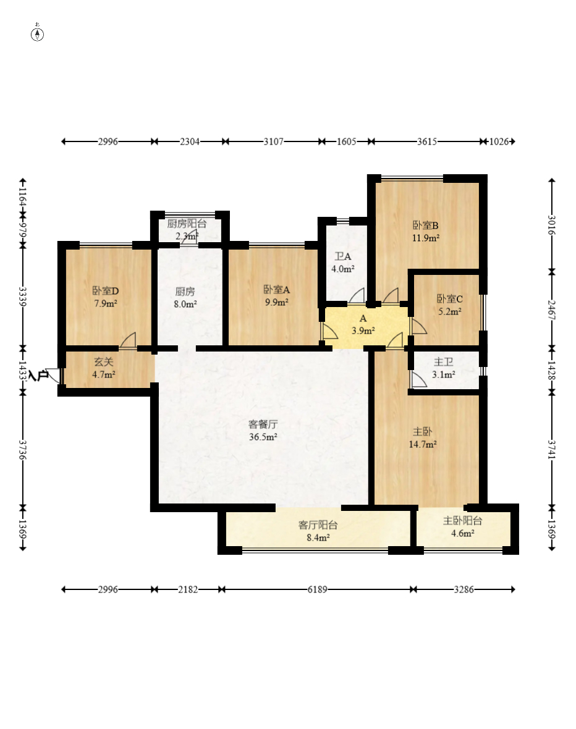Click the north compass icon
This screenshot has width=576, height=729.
38,34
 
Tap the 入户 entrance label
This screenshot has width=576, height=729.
38,374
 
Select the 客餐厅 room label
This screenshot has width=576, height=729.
263,424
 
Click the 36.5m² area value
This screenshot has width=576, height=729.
263,437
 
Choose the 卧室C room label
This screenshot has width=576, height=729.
449,300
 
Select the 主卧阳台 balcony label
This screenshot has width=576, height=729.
462,521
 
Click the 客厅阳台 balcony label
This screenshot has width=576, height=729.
318,525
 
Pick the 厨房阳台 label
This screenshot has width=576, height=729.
187,224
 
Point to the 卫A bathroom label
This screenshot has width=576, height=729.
343,256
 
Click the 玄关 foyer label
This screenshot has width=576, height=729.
103,362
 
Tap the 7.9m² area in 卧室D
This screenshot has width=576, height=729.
106,303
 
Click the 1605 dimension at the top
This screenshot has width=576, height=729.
346,141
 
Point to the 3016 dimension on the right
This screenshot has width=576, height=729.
552,225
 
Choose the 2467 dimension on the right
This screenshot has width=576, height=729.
552,310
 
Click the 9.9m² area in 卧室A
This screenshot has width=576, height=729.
277,302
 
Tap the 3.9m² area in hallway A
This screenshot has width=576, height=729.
363,331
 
